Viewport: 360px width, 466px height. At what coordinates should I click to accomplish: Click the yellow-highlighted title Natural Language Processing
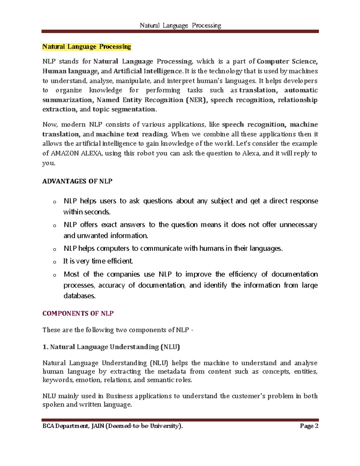pyautogui.click(x=87, y=47)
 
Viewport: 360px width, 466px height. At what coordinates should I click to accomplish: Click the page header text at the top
pyautogui.click(x=180, y=26)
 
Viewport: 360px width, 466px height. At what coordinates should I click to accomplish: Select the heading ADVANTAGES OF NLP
pyautogui.click(x=77, y=181)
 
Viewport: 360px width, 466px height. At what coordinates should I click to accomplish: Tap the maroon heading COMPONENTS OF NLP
pyautogui.click(x=78, y=313)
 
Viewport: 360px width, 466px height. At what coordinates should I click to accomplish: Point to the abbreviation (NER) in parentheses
pyautogui.click(x=196, y=100)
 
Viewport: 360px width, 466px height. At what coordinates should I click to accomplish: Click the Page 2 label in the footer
pyautogui.click(x=309, y=426)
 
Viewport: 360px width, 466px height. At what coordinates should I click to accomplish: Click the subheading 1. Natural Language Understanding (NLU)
pyautogui.click(x=111, y=347)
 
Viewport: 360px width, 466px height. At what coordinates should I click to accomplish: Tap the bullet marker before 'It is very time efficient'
pyautogui.click(x=55, y=262)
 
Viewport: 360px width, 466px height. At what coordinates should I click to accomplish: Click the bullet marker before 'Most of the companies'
pyautogui.click(x=55, y=275)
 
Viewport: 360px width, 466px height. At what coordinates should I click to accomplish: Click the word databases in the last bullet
pyautogui.click(x=79, y=296)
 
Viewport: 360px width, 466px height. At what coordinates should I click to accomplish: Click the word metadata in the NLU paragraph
pyautogui.click(x=172, y=371)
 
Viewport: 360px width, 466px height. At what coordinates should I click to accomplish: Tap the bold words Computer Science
pyautogui.click(x=287, y=62)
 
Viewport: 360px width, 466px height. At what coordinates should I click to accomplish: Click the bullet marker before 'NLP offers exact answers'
pyautogui.click(x=55, y=226)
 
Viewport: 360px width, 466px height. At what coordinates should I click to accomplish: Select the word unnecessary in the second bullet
pyautogui.click(x=298, y=225)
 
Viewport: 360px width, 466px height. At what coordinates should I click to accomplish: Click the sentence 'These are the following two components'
pyautogui.click(x=118, y=330)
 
